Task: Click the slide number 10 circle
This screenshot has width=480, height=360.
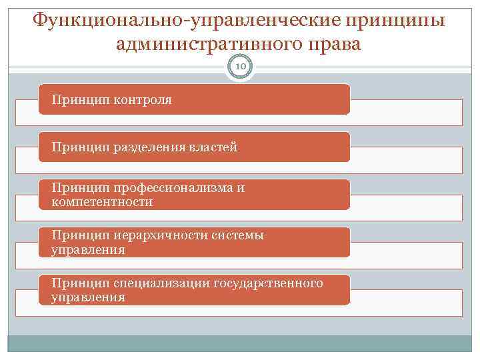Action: [x=240, y=67]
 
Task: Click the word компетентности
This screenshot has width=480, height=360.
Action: [x=103, y=201]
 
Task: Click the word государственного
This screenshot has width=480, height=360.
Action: [x=268, y=283]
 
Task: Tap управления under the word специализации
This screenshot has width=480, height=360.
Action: [x=88, y=297]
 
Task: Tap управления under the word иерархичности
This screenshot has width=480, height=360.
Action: [x=88, y=250]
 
